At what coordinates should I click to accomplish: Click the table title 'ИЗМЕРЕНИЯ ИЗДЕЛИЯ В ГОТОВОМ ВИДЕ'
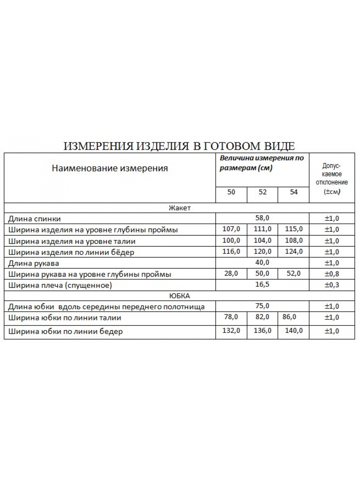pyautogui.click(x=180, y=146)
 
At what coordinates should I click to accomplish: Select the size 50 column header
pyautogui.click(x=231, y=192)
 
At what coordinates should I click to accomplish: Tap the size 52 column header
pyautogui.click(x=262, y=192)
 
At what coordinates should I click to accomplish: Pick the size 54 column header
pyautogui.click(x=294, y=192)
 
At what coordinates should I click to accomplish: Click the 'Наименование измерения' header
pyautogui.click(x=110, y=168)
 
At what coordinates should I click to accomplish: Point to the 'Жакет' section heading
pyautogui.click(x=180, y=208)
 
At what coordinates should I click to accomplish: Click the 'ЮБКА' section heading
pyautogui.click(x=180, y=296)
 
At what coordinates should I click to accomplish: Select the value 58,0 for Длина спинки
pyautogui.click(x=262, y=218)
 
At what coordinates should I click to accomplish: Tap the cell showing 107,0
pyautogui.click(x=231, y=229)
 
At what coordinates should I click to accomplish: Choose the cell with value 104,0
pyautogui.click(x=262, y=240)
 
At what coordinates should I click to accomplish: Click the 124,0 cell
pyautogui.click(x=294, y=252)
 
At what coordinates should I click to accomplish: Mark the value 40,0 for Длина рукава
pyautogui.click(x=262, y=262)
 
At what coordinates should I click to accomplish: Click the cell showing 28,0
pyautogui.click(x=231, y=274)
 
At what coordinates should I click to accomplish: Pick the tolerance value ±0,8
pyautogui.click(x=332, y=274)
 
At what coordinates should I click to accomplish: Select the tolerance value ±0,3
pyautogui.click(x=332, y=285)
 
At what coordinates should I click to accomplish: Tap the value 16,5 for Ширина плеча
pyautogui.click(x=262, y=284)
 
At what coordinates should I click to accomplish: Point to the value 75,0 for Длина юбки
pyautogui.click(x=262, y=306)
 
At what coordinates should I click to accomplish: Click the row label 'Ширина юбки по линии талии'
pyautogui.click(x=64, y=318)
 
